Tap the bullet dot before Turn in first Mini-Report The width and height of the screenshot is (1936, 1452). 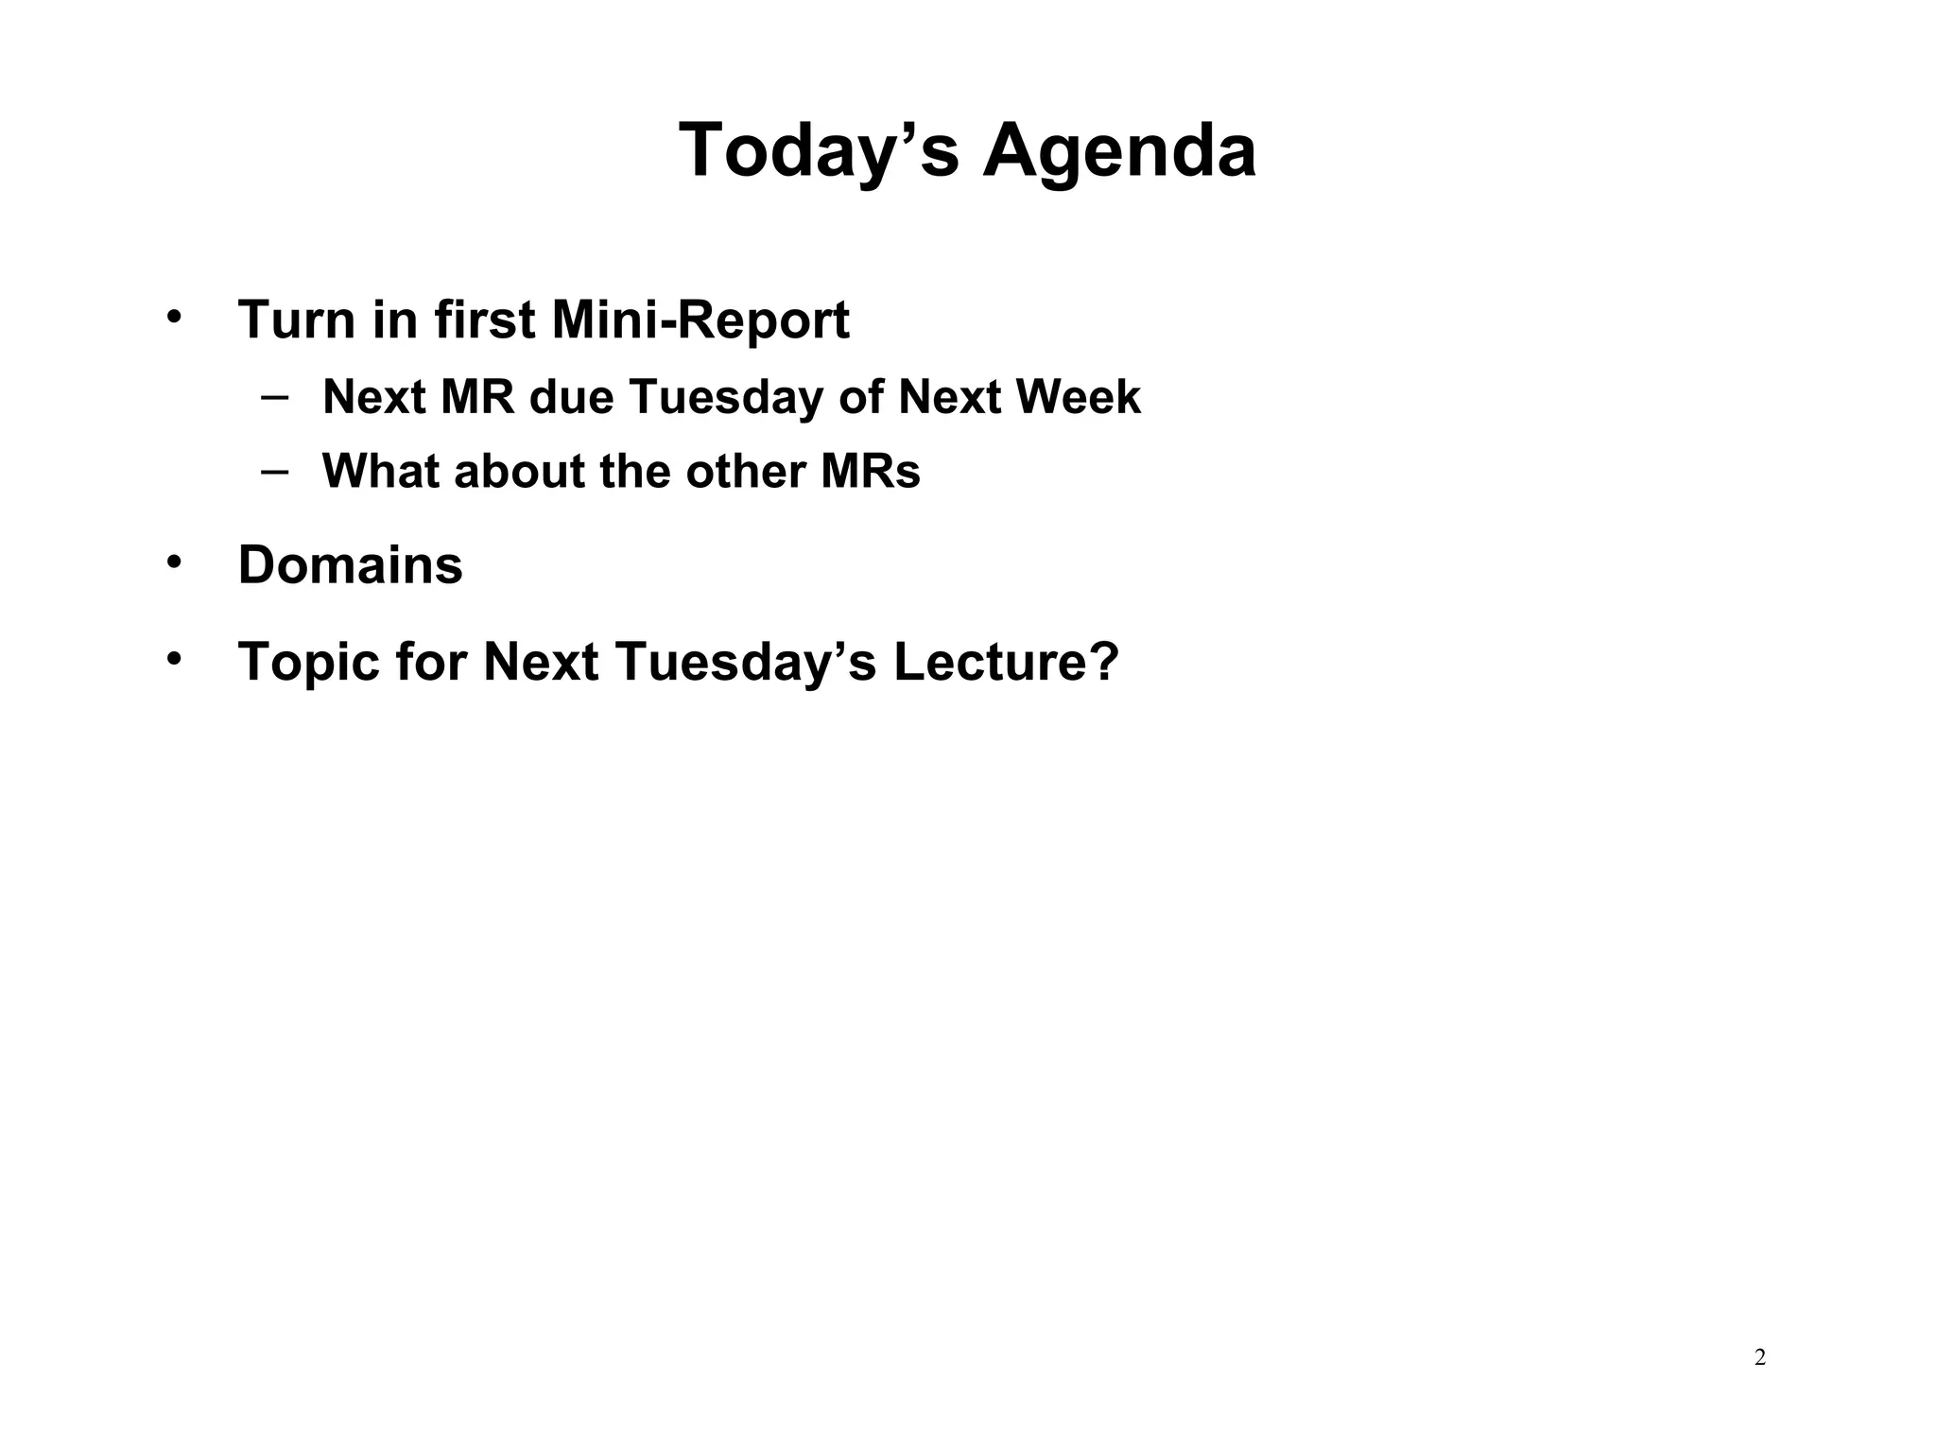[173, 317]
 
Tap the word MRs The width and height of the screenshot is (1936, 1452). [870, 472]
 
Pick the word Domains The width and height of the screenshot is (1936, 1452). [350, 565]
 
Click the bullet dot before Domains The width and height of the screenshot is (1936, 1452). [173, 562]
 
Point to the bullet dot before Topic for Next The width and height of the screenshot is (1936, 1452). [173, 658]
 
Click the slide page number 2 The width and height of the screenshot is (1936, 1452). [1759, 1358]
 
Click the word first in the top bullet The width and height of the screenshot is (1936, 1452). [485, 320]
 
